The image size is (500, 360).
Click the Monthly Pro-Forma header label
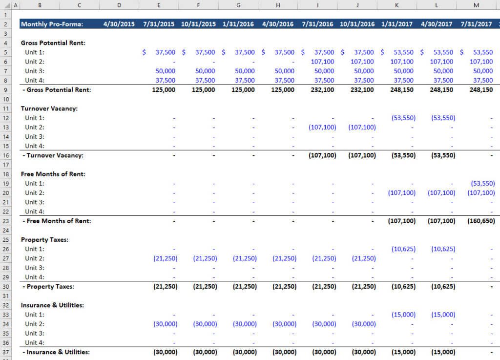tap(52, 24)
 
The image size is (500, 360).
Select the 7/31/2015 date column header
tap(159, 24)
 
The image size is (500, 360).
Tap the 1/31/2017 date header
tap(397, 24)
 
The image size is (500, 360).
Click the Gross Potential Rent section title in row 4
tap(53, 43)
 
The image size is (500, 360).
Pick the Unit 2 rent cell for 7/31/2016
tap(322, 62)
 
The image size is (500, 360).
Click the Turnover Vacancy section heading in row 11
tap(49, 108)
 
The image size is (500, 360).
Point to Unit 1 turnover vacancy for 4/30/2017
tap(442, 118)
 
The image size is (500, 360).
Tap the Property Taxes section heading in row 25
tap(44, 240)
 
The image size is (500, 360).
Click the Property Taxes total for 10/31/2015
tap(205, 287)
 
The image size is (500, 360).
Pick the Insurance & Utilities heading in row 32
tap(52, 305)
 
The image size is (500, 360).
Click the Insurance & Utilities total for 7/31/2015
tap(165, 352)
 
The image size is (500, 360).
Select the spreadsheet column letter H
tap(278, 5)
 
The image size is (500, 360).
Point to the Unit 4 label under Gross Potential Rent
tap(35, 81)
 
